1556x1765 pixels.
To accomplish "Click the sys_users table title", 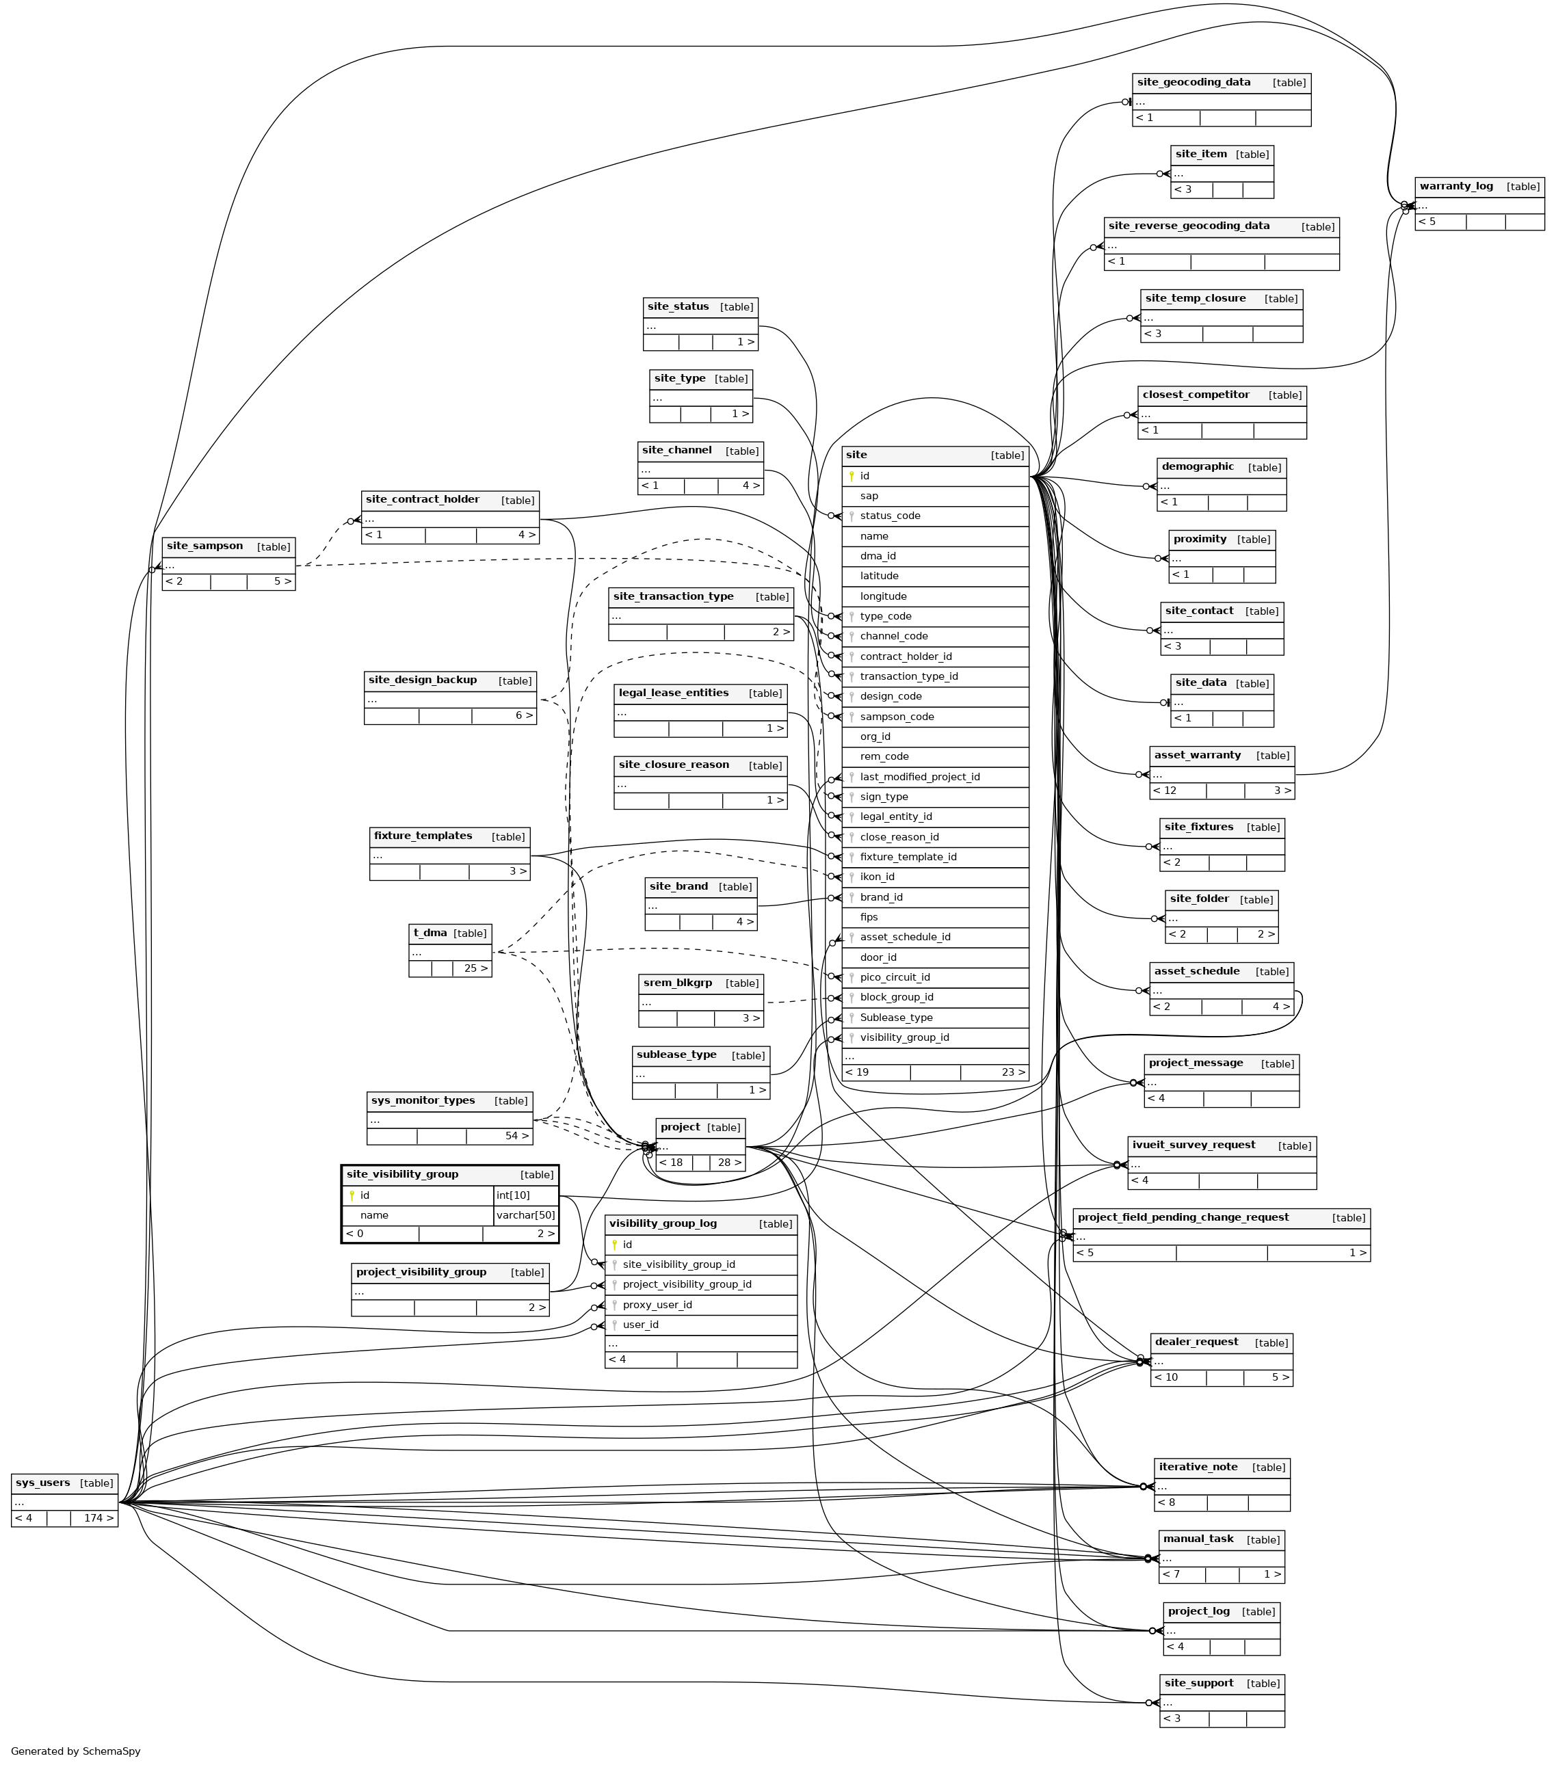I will [43, 1483].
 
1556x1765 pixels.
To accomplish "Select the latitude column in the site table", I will [879, 576].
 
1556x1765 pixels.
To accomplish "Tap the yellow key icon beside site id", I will [852, 476].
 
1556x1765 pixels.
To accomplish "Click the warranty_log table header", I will [1456, 187].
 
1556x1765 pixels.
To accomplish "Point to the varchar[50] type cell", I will [525, 1215].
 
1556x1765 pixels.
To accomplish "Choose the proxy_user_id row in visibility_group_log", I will [657, 1304].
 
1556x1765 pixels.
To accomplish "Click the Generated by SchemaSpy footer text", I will [75, 1751].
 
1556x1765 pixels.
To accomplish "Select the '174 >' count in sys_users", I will [98, 1518].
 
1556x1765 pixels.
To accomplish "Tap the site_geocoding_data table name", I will [1194, 83].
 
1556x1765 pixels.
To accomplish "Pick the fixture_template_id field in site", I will [908, 857].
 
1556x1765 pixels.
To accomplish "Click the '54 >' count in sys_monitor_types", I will [517, 1135].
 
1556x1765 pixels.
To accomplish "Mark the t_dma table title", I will [430, 933].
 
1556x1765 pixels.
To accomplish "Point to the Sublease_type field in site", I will [895, 1017].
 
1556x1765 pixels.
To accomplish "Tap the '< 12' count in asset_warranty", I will [1165, 790].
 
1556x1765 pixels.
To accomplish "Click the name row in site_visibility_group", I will [375, 1215].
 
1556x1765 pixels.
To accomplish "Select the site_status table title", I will [678, 306].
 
